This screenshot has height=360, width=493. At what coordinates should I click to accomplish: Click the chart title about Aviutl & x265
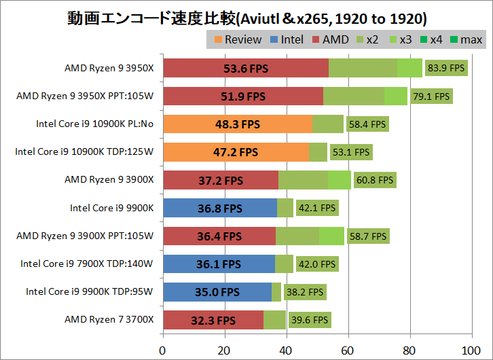[x=246, y=16]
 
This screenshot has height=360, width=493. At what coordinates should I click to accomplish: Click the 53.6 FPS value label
[x=246, y=68]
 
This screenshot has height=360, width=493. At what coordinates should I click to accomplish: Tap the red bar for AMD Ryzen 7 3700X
[x=213, y=319]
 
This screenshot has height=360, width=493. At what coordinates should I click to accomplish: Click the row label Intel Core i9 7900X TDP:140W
[x=87, y=264]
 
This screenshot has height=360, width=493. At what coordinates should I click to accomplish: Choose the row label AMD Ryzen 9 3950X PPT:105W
[x=85, y=96]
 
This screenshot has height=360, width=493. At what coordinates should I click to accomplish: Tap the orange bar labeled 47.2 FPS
[x=236, y=152]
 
